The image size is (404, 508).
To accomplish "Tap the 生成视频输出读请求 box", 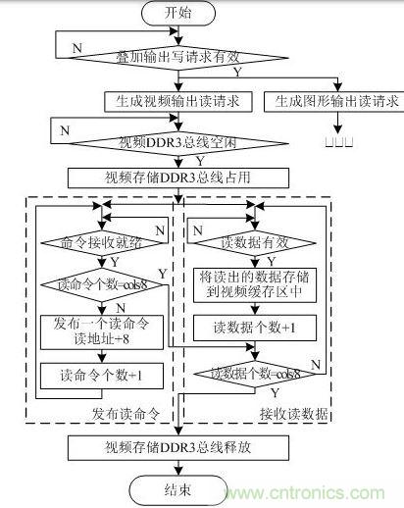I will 179,100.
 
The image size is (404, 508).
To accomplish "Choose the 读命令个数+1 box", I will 98,376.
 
